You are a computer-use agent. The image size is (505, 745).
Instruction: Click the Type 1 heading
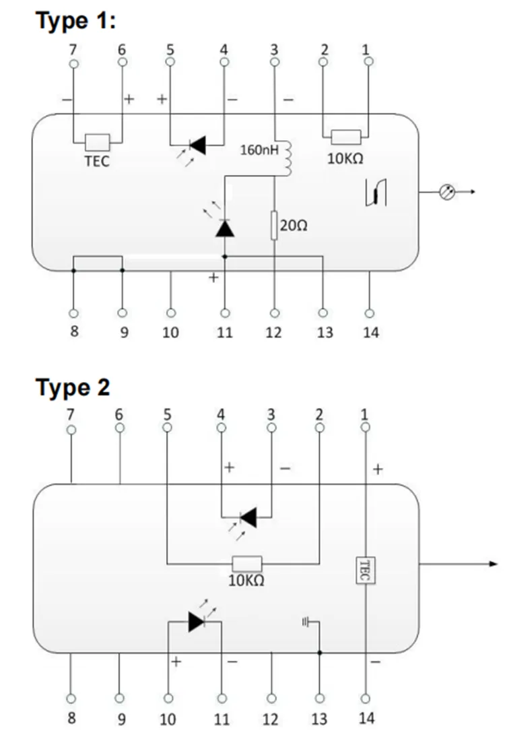(75, 21)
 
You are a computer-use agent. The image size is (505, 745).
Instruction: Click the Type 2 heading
(73, 387)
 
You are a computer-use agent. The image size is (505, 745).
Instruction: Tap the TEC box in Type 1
(98, 143)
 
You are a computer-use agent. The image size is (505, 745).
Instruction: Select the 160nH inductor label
(259, 150)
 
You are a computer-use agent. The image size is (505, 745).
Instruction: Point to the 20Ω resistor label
(294, 225)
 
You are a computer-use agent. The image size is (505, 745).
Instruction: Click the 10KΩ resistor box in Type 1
(346, 137)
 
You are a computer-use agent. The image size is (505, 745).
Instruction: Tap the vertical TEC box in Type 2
(366, 570)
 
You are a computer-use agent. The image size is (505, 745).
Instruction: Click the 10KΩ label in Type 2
(246, 580)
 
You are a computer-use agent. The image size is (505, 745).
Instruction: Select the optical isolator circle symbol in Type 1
(447, 192)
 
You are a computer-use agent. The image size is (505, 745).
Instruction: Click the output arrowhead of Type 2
(493, 564)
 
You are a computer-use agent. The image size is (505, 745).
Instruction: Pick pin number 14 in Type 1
(371, 332)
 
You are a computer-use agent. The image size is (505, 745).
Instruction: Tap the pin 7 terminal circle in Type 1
(73, 64)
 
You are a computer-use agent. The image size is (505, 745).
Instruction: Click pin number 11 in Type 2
(222, 719)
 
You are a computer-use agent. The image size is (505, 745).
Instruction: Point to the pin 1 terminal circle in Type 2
(366, 427)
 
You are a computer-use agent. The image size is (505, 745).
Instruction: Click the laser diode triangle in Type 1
(225, 228)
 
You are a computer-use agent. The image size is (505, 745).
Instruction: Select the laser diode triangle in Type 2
(196, 622)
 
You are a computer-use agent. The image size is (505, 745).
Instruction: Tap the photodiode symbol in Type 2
(248, 517)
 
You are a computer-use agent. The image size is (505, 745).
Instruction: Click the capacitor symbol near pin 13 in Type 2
(306, 622)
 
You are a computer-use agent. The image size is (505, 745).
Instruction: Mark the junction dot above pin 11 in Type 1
(225, 257)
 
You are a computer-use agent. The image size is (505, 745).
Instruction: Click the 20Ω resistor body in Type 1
(274, 225)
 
